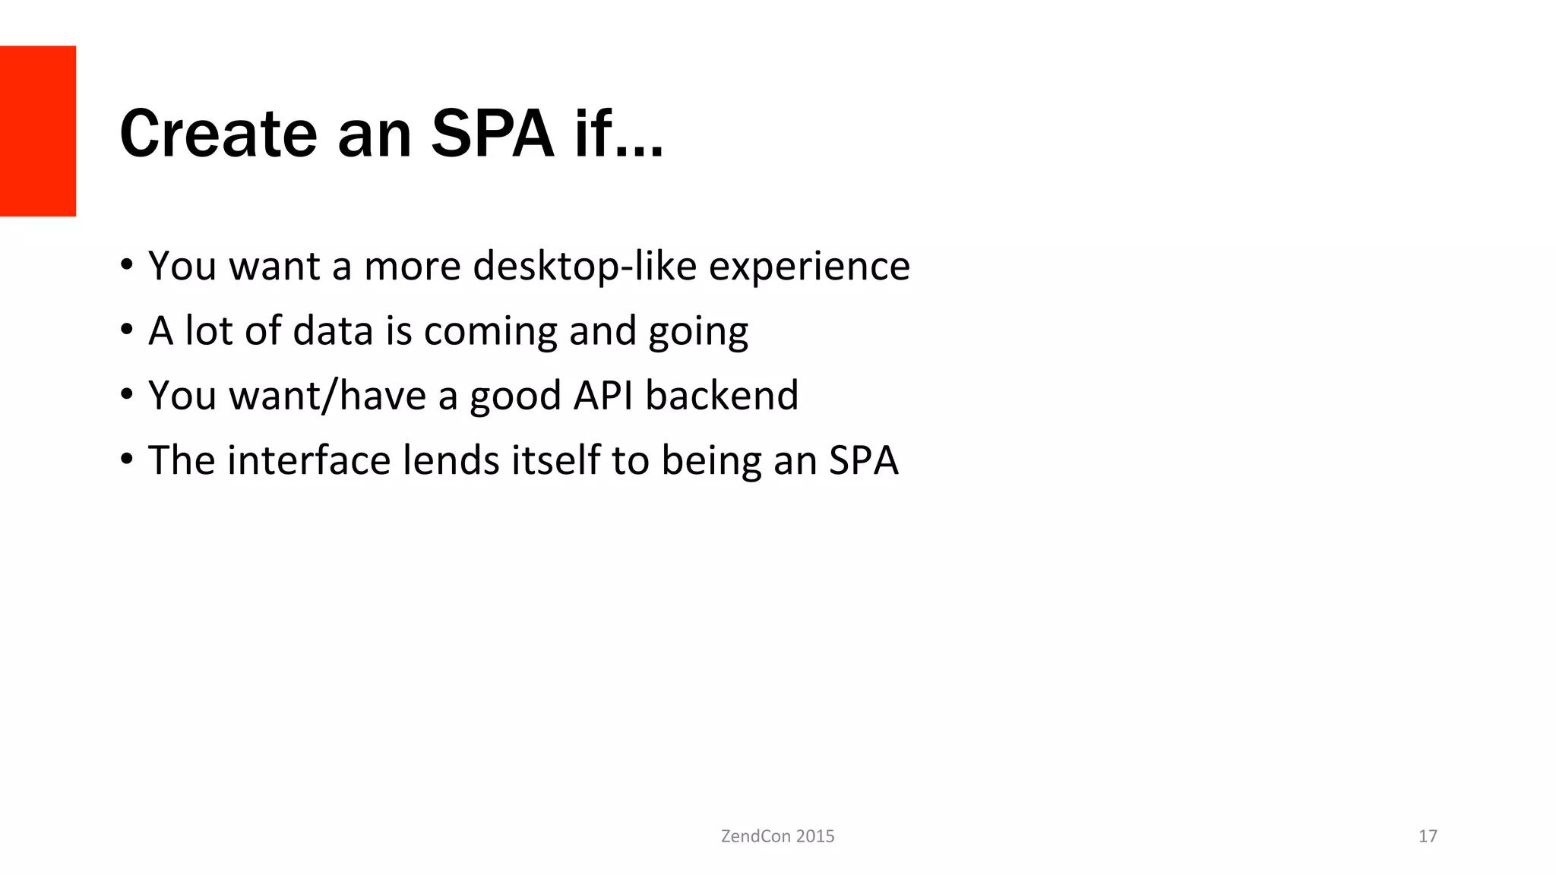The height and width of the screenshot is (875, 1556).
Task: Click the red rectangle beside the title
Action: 38,131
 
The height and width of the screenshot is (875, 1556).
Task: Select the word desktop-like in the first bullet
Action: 584,266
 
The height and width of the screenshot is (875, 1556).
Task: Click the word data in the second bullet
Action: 333,330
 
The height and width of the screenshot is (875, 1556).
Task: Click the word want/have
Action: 327,396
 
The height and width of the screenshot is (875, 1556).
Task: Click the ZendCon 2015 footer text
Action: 777,836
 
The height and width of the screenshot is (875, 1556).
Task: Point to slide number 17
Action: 1428,836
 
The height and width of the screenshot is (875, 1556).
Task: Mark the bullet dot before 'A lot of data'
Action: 126,330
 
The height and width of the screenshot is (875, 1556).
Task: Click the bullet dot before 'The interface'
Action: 126,460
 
